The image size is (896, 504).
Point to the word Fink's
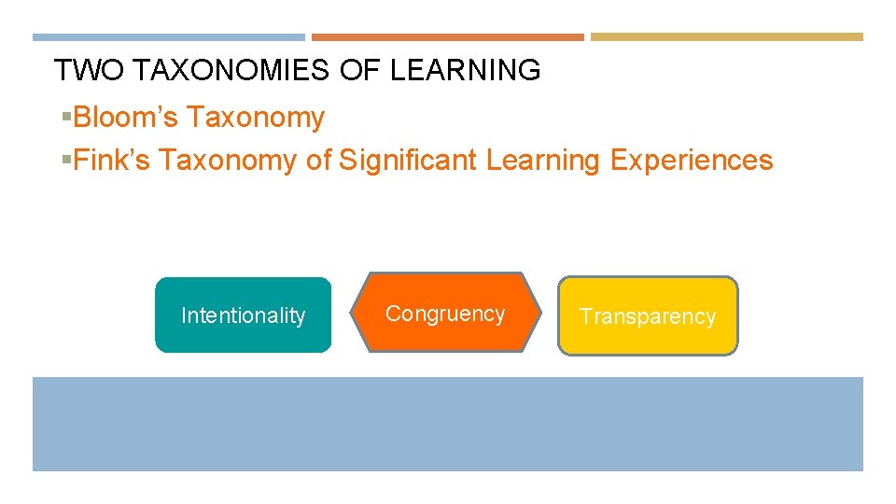click(111, 161)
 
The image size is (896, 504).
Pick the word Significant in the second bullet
click(408, 161)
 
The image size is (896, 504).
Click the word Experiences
click(692, 161)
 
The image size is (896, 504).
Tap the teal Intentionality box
click(243, 315)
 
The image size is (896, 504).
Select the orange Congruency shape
click(445, 313)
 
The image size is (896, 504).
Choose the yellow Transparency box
click(648, 316)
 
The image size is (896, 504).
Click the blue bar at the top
click(169, 37)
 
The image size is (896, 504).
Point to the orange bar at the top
click(447, 37)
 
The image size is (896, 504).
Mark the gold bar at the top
click(727, 37)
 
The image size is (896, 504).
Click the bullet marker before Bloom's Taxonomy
click(66, 118)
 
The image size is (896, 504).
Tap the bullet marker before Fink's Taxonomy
click(66, 161)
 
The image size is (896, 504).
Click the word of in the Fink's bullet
click(318, 161)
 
